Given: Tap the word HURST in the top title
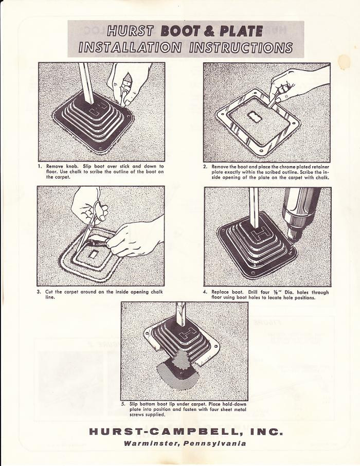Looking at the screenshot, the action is click(x=131, y=31).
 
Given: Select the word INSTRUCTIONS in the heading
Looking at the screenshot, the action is click(x=241, y=47).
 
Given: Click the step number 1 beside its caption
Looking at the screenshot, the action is click(x=40, y=167).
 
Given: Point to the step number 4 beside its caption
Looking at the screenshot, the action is click(x=205, y=292).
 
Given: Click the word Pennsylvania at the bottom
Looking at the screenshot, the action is click(x=214, y=444).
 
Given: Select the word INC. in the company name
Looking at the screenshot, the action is click(x=266, y=432).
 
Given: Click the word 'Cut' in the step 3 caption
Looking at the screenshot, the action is click(x=49, y=292).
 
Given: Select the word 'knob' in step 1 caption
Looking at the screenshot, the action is click(x=73, y=167).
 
